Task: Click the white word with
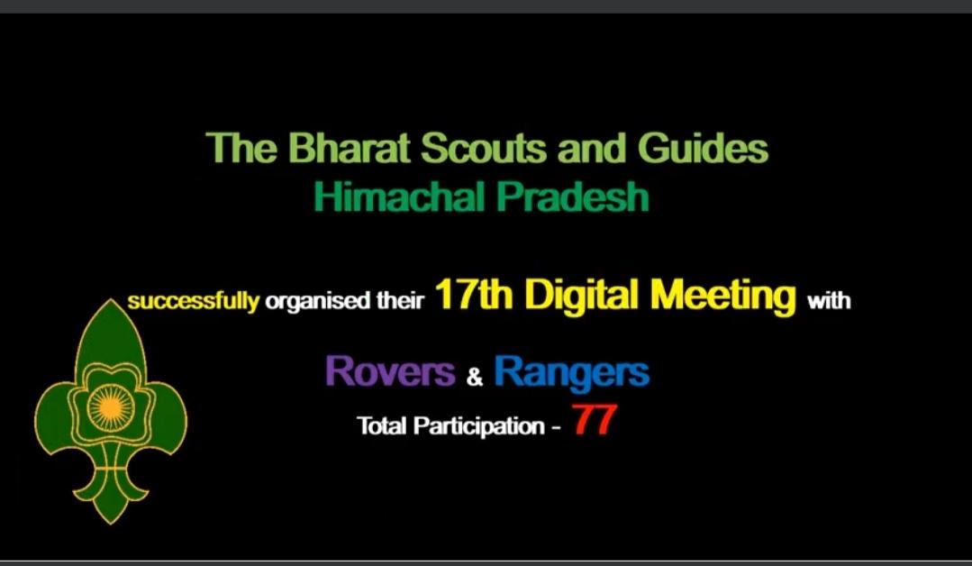[829, 301]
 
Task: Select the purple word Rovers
[390, 371]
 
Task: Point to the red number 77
[593, 421]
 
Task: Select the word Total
[382, 425]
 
